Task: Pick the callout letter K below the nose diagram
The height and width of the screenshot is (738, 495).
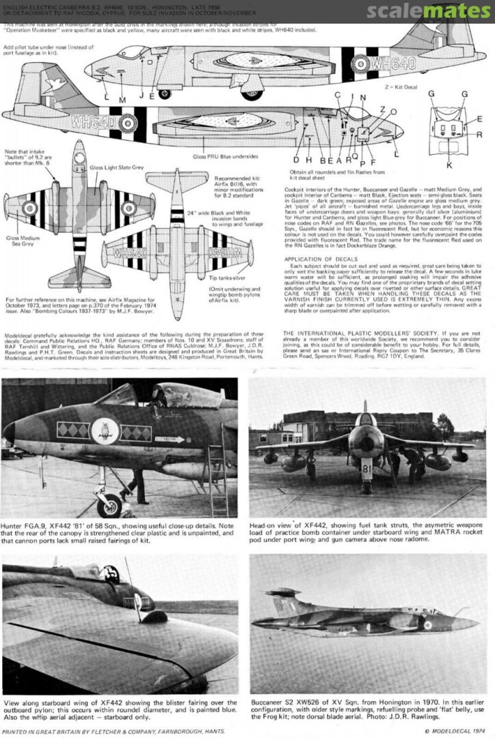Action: pos(449,165)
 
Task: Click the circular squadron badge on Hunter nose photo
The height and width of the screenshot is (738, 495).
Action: pos(105,431)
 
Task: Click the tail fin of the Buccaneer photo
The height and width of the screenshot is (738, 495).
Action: pos(282,601)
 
